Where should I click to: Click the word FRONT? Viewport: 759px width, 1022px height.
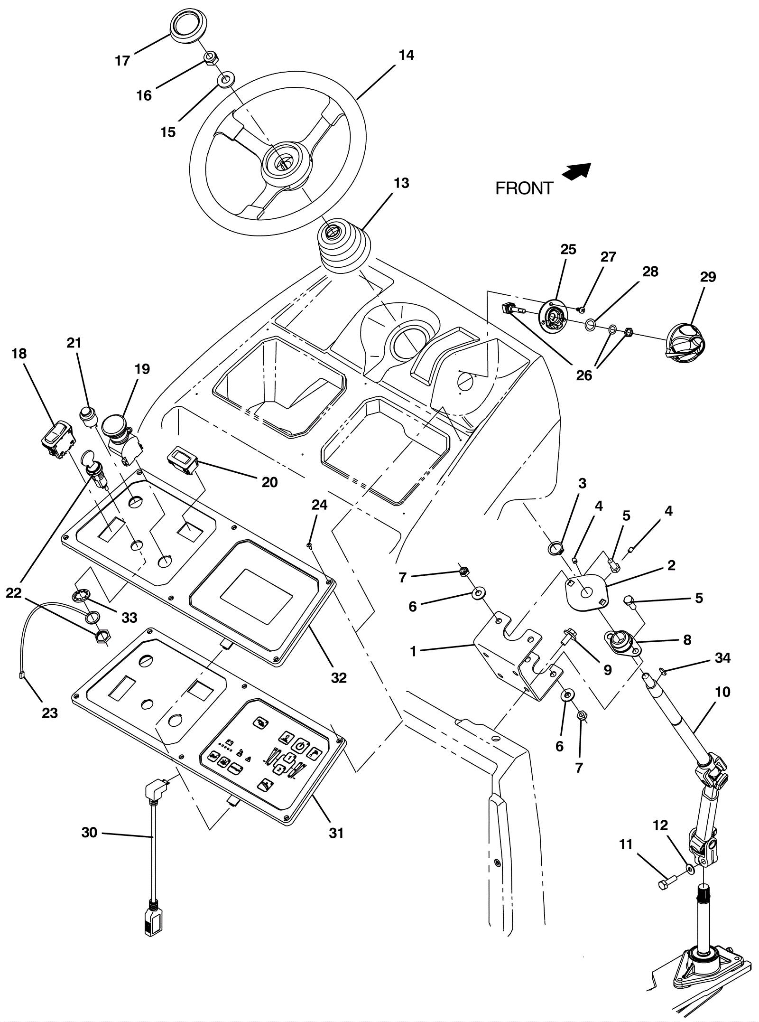tap(524, 188)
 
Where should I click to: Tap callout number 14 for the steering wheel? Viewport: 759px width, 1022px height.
tap(406, 56)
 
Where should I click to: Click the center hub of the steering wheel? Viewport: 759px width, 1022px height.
tap(283, 160)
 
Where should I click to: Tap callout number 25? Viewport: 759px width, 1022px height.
tap(568, 250)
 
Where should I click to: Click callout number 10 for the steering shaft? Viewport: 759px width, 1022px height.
tap(722, 692)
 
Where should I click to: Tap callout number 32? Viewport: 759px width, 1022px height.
tap(339, 678)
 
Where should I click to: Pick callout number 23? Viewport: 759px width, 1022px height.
tap(50, 713)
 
